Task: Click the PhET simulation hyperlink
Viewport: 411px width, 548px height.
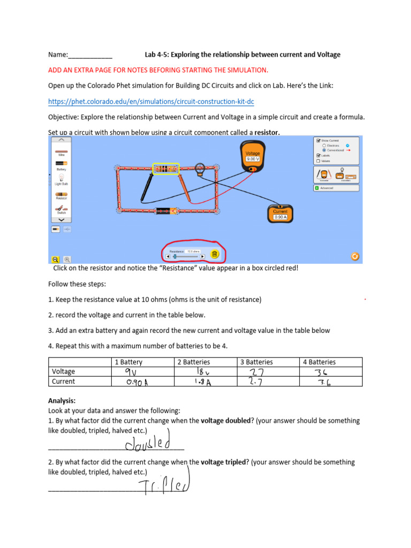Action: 151,101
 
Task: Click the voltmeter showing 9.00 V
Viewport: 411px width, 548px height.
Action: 253,156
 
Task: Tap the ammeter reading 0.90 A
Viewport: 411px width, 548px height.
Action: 280,214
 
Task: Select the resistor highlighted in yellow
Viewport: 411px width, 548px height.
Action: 165,169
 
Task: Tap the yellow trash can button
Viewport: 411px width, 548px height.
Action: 215,255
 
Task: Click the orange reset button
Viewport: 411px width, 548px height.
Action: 354,256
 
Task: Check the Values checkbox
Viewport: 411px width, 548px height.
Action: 318,161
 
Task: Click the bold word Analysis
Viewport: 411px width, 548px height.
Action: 62,400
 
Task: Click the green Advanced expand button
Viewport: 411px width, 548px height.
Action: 317,188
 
